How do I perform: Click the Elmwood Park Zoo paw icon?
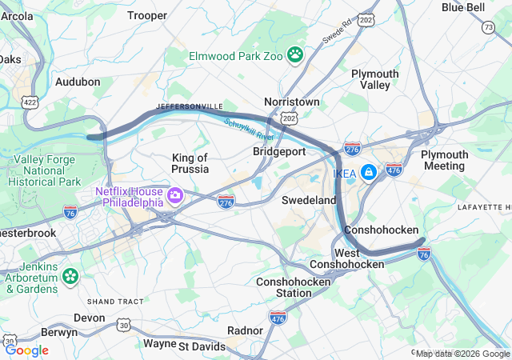coord(296,55)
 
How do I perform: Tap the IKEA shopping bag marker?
coord(368,172)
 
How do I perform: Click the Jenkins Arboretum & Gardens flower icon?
coord(70,276)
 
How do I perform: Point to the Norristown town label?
coord(292,102)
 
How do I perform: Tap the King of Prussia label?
coord(190,163)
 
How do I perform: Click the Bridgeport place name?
coord(279,151)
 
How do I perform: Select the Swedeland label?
coord(308,200)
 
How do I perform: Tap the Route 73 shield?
coord(488,28)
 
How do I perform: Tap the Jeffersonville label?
coord(190,106)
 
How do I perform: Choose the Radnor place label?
coord(245,330)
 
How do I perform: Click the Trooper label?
coord(147,15)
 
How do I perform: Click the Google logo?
coord(26,350)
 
